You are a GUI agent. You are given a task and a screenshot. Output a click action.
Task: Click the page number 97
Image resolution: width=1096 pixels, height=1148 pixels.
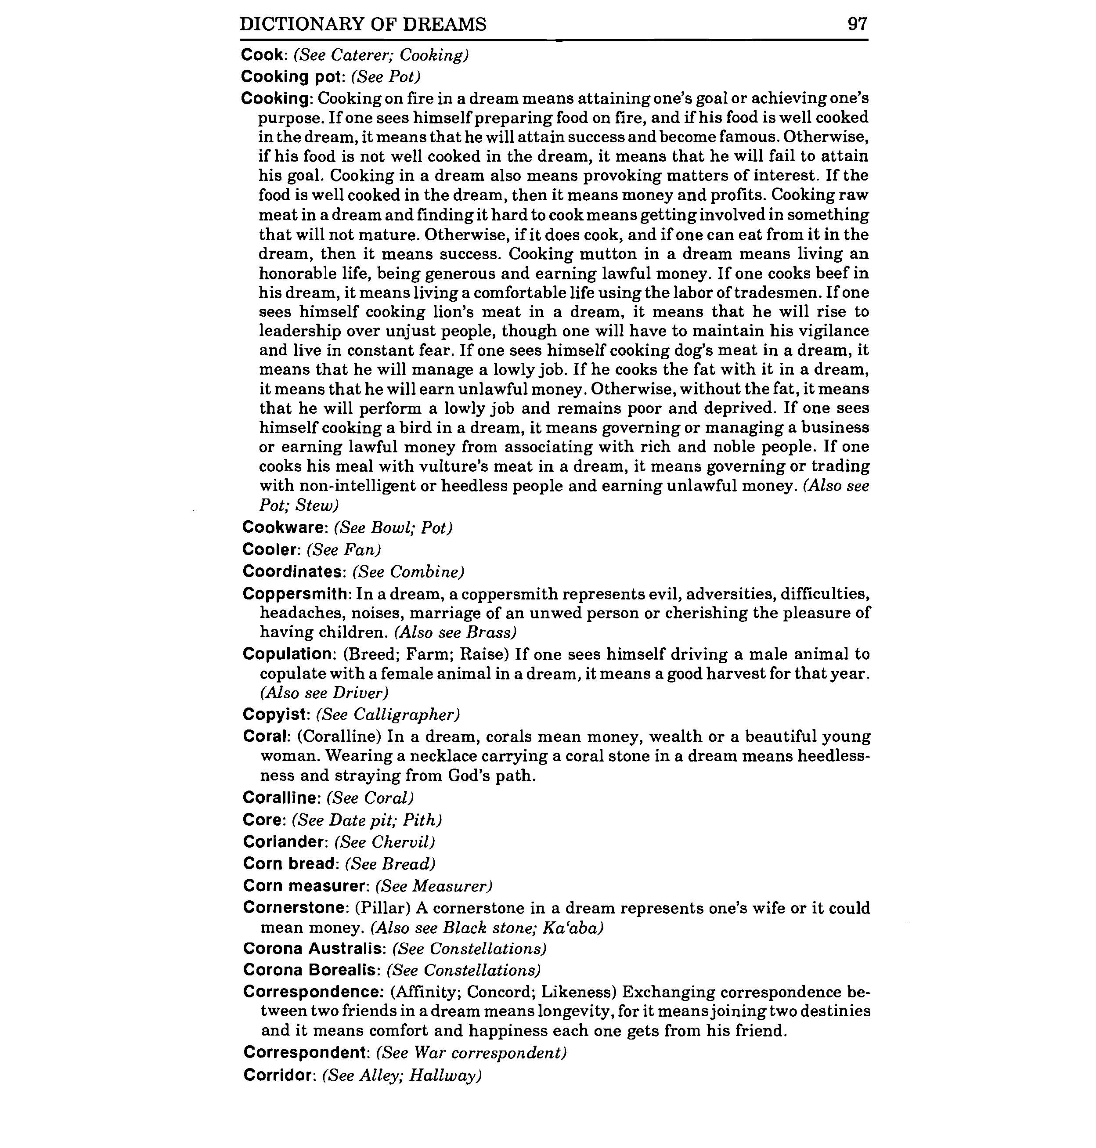[x=857, y=24]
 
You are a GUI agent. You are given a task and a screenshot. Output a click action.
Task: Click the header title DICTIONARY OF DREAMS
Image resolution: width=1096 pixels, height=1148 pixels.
[x=363, y=24]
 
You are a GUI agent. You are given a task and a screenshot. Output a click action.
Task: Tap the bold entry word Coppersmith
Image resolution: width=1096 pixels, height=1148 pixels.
[x=296, y=594]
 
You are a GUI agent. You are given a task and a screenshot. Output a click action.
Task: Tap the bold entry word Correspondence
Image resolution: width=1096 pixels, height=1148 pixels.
[x=313, y=992]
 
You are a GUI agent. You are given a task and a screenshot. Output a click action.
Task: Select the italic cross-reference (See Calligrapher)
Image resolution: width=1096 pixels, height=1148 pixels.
[x=388, y=715]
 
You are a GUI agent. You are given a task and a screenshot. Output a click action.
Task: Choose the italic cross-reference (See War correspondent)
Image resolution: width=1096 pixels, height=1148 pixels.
[x=472, y=1053]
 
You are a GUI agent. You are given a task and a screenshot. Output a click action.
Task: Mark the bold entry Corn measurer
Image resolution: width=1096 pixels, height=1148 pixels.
[x=304, y=886]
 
